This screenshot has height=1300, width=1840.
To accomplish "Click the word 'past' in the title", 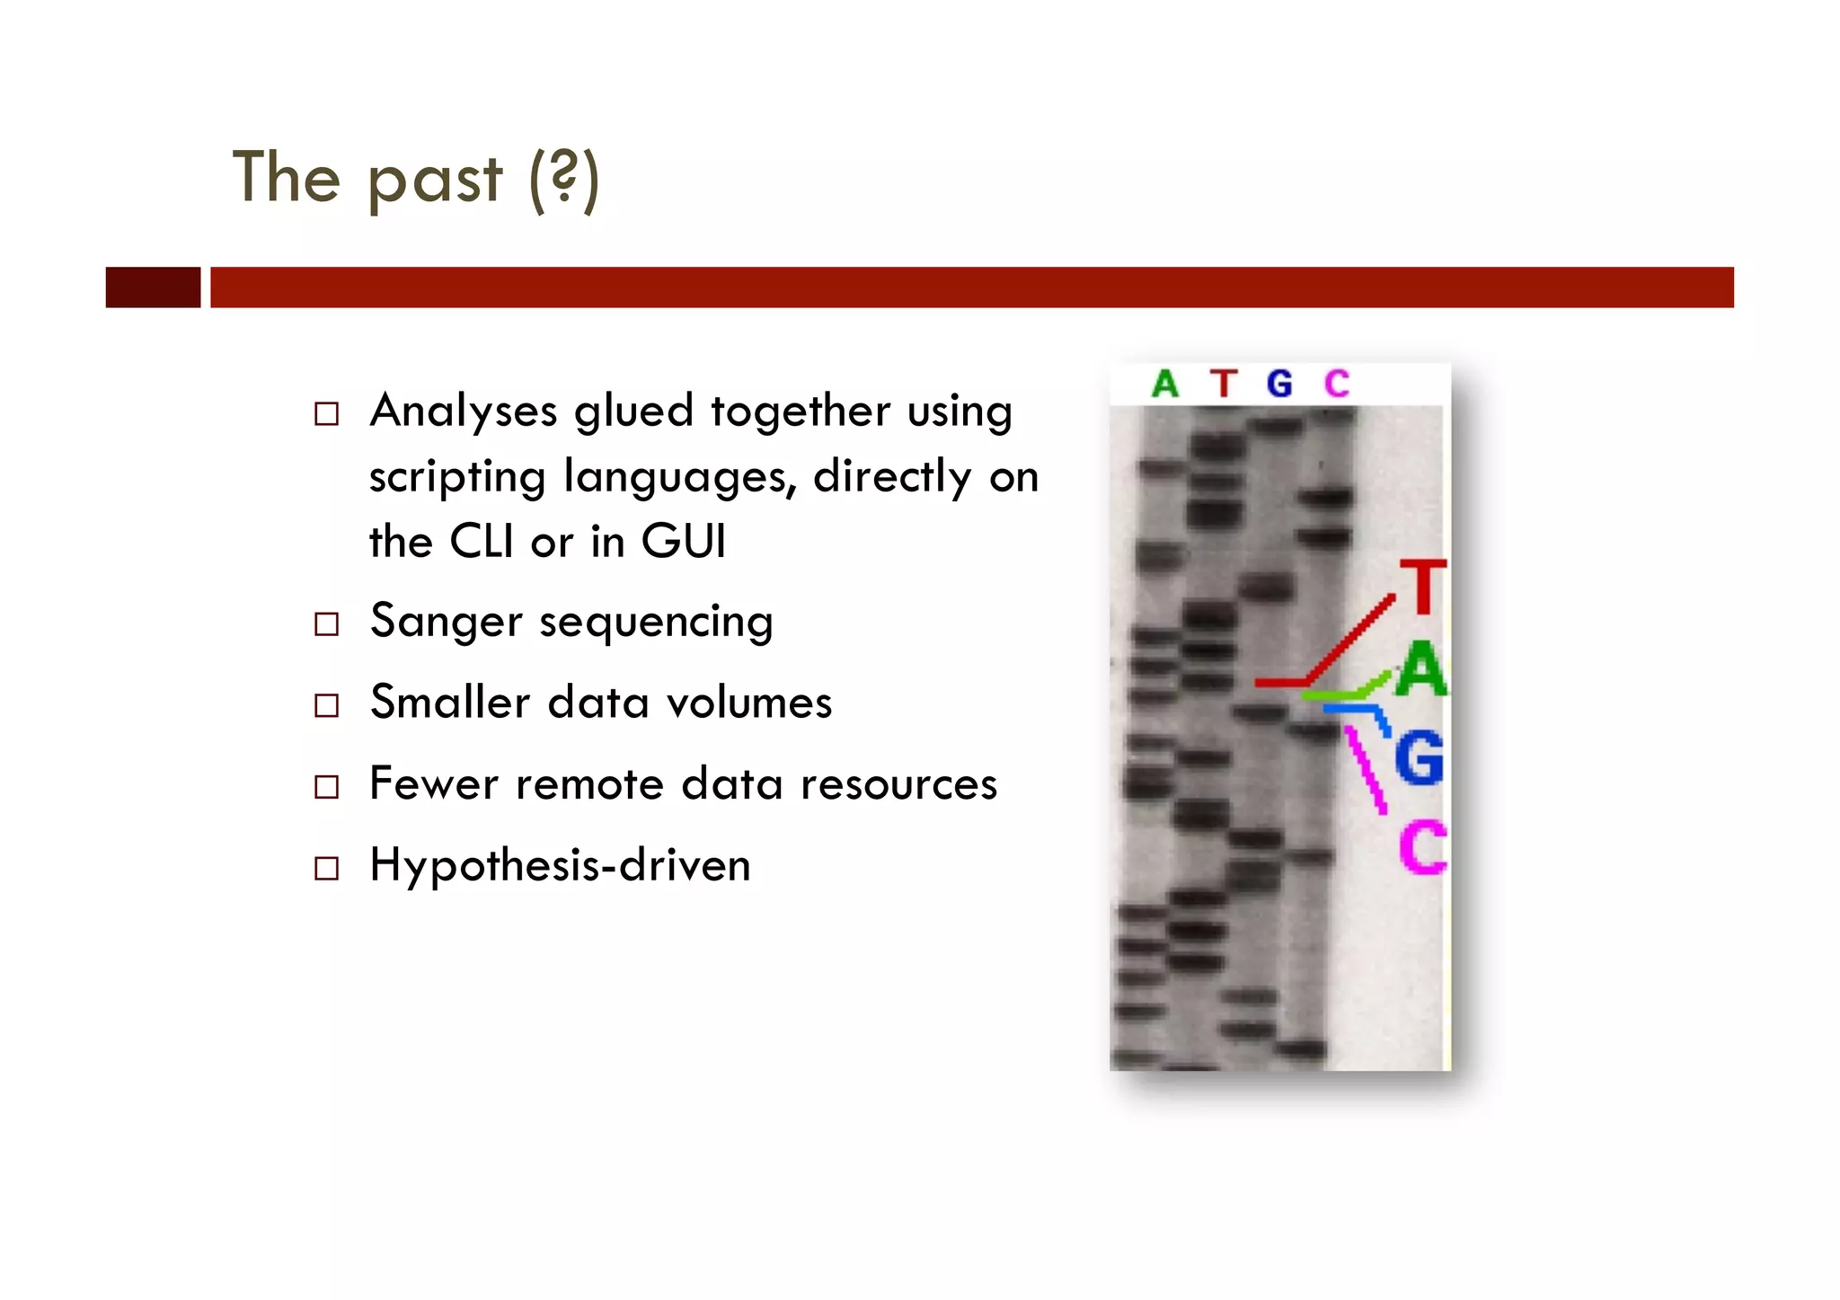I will pos(435,180).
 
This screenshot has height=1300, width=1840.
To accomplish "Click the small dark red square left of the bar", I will pos(153,287).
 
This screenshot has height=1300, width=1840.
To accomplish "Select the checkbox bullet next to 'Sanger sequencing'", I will pos(326,623).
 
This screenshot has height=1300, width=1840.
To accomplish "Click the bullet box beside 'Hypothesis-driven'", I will pos(326,868).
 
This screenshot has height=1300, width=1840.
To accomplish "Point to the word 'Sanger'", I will pos(446,622).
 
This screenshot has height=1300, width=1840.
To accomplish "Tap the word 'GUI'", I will pos(683,542).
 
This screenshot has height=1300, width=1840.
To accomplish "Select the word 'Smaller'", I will pos(449,703).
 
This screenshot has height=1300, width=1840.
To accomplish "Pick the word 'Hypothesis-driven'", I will pos(560,866).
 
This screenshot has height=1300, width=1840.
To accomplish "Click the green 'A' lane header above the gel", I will pos(1165,384).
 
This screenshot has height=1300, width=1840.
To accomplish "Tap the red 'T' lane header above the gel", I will pos(1223,384).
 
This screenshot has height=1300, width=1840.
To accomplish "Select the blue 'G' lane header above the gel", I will pos(1279,384).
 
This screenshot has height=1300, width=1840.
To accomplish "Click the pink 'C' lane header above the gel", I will pos(1337,384).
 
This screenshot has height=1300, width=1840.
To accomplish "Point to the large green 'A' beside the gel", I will pos(1421,670).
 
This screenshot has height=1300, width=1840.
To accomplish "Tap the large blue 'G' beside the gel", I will pos(1420,757).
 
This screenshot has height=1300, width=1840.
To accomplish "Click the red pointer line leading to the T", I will pos(1348,640).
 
